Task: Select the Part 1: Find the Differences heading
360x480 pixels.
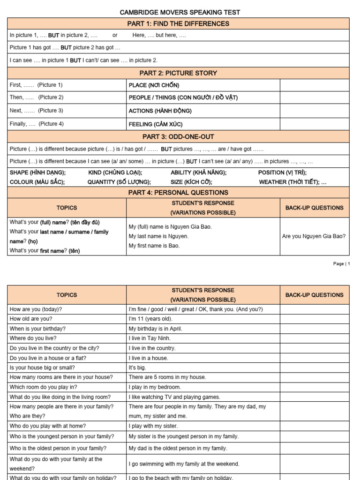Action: [178, 23]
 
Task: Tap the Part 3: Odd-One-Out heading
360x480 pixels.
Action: [178, 136]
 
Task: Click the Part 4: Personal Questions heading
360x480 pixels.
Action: [178, 192]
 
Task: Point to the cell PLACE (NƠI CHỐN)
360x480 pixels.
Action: [154, 85]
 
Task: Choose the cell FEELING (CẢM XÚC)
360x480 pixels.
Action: [156, 124]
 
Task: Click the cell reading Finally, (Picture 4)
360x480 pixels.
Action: [37, 124]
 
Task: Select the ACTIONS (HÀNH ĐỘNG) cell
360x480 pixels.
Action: [160, 111]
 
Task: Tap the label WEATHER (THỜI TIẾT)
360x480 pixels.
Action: [292, 182]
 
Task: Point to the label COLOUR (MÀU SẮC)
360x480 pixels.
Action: [37, 182]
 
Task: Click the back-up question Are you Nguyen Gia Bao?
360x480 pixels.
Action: [314, 236]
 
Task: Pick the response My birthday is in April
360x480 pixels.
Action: [155, 329]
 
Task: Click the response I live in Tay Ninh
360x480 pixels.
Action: [150, 338]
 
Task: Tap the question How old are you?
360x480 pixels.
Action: [31, 319]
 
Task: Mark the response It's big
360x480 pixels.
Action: [137, 367]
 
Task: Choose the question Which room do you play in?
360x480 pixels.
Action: [43, 387]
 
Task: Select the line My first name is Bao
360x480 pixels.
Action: [154, 246]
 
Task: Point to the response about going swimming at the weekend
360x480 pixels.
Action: [184, 464]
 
